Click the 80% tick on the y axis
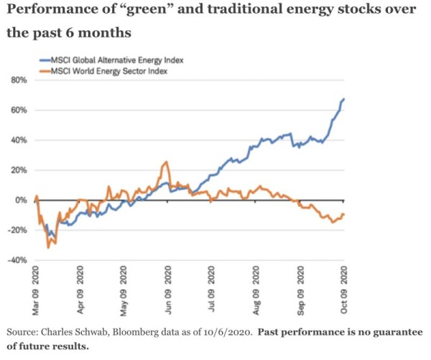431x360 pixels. coord(18,80)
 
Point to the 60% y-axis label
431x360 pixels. coord(18,110)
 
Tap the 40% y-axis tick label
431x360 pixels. coord(18,140)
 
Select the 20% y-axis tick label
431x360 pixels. coord(18,170)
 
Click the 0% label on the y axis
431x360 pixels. coord(21,200)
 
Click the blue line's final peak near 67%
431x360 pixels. coord(344,99)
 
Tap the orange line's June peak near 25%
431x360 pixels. coord(167,162)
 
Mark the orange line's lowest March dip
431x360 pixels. coord(48,247)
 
